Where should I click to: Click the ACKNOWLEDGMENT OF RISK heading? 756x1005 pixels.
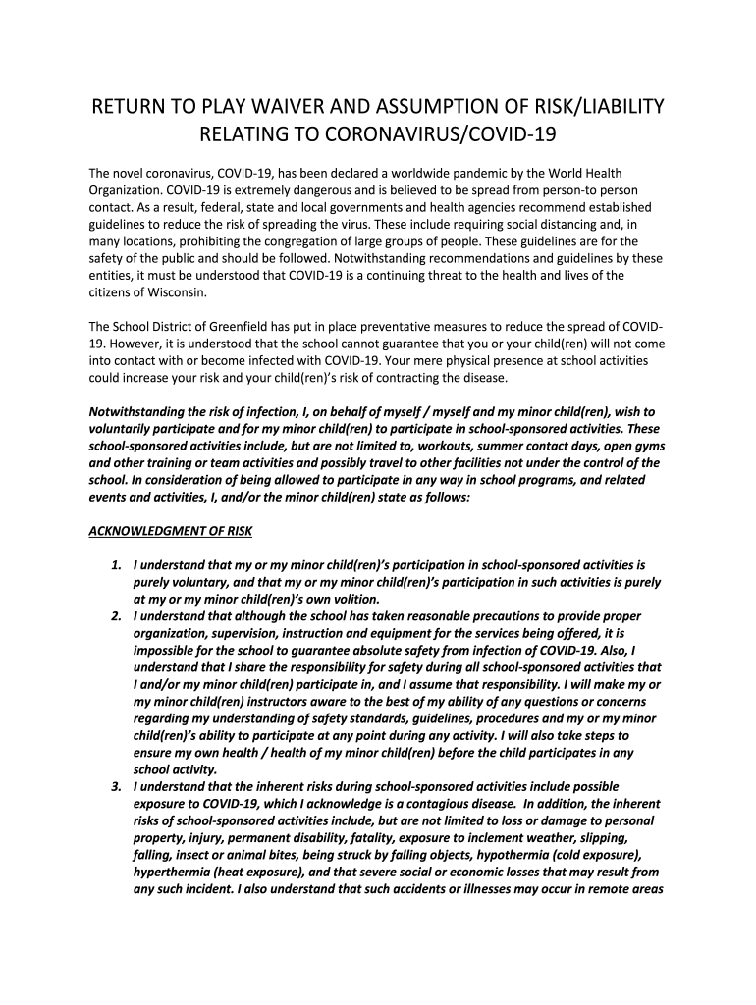pos(171,531)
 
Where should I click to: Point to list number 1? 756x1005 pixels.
pos(115,566)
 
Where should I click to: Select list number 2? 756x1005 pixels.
pos(115,617)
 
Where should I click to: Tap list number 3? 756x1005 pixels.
pos(115,787)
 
